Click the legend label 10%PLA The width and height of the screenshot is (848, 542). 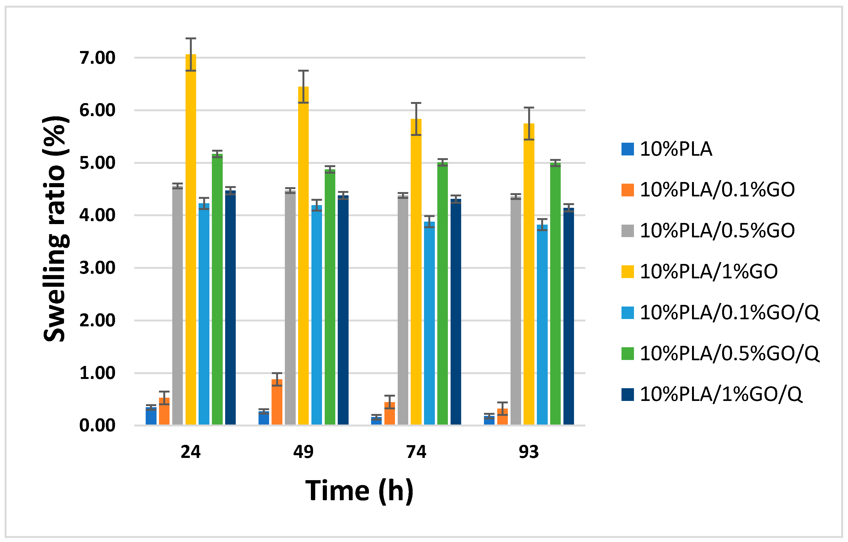[x=675, y=149]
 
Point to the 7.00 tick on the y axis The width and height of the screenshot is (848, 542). [x=97, y=58]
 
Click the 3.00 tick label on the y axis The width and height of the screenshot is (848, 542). [x=97, y=268]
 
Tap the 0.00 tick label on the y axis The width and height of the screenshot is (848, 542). [x=97, y=425]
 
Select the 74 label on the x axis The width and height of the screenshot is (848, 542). [x=416, y=452]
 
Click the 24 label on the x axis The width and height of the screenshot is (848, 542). [x=190, y=452]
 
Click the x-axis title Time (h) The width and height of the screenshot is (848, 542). [x=359, y=491]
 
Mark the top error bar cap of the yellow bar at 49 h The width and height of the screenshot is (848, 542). [x=303, y=71]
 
